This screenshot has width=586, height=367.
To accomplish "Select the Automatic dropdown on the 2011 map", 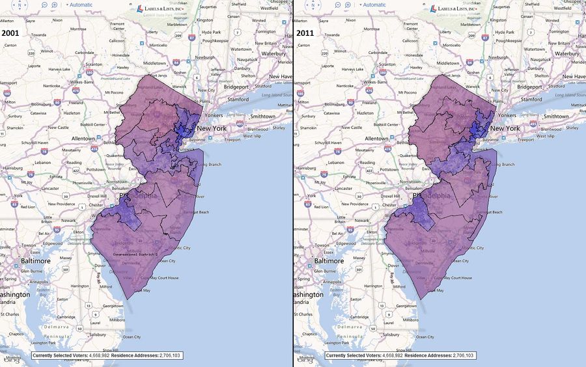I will click(372, 5).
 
